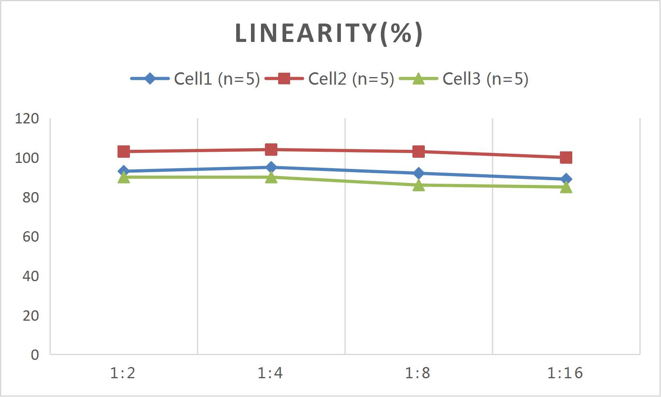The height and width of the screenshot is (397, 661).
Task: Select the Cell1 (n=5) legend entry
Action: pos(217,79)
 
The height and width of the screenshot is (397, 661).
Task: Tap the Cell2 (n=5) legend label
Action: pos(351,79)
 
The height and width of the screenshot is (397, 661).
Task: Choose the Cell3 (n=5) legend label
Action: pos(485,79)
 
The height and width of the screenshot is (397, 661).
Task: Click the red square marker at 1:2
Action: pos(124,151)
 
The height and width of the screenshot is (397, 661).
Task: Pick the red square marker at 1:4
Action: pos(271,150)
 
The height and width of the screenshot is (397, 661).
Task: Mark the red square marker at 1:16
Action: pos(566,157)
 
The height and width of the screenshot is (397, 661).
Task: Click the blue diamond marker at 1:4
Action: pos(271,167)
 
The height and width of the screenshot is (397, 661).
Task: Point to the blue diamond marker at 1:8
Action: pos(418,173)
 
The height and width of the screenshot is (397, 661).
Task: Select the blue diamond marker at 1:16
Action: pos(566,179)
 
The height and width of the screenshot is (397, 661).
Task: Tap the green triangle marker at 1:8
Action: pos(418,185)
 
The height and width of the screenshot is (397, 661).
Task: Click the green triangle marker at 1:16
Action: pos(566,187)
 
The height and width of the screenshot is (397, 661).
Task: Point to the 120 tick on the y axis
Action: pos(27,119)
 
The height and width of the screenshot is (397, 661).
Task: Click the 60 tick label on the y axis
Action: pos(30,237)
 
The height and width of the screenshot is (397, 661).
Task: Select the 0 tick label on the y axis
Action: pos(35,355)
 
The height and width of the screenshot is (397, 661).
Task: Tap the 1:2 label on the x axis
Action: pos(123,373)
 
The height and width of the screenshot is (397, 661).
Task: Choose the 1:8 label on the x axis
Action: pos(418,373)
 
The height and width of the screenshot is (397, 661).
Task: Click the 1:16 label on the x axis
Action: pos(565,373)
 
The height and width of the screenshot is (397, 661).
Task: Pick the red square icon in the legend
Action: pos(284,79)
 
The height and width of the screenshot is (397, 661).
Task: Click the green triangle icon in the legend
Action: pos(418,79)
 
